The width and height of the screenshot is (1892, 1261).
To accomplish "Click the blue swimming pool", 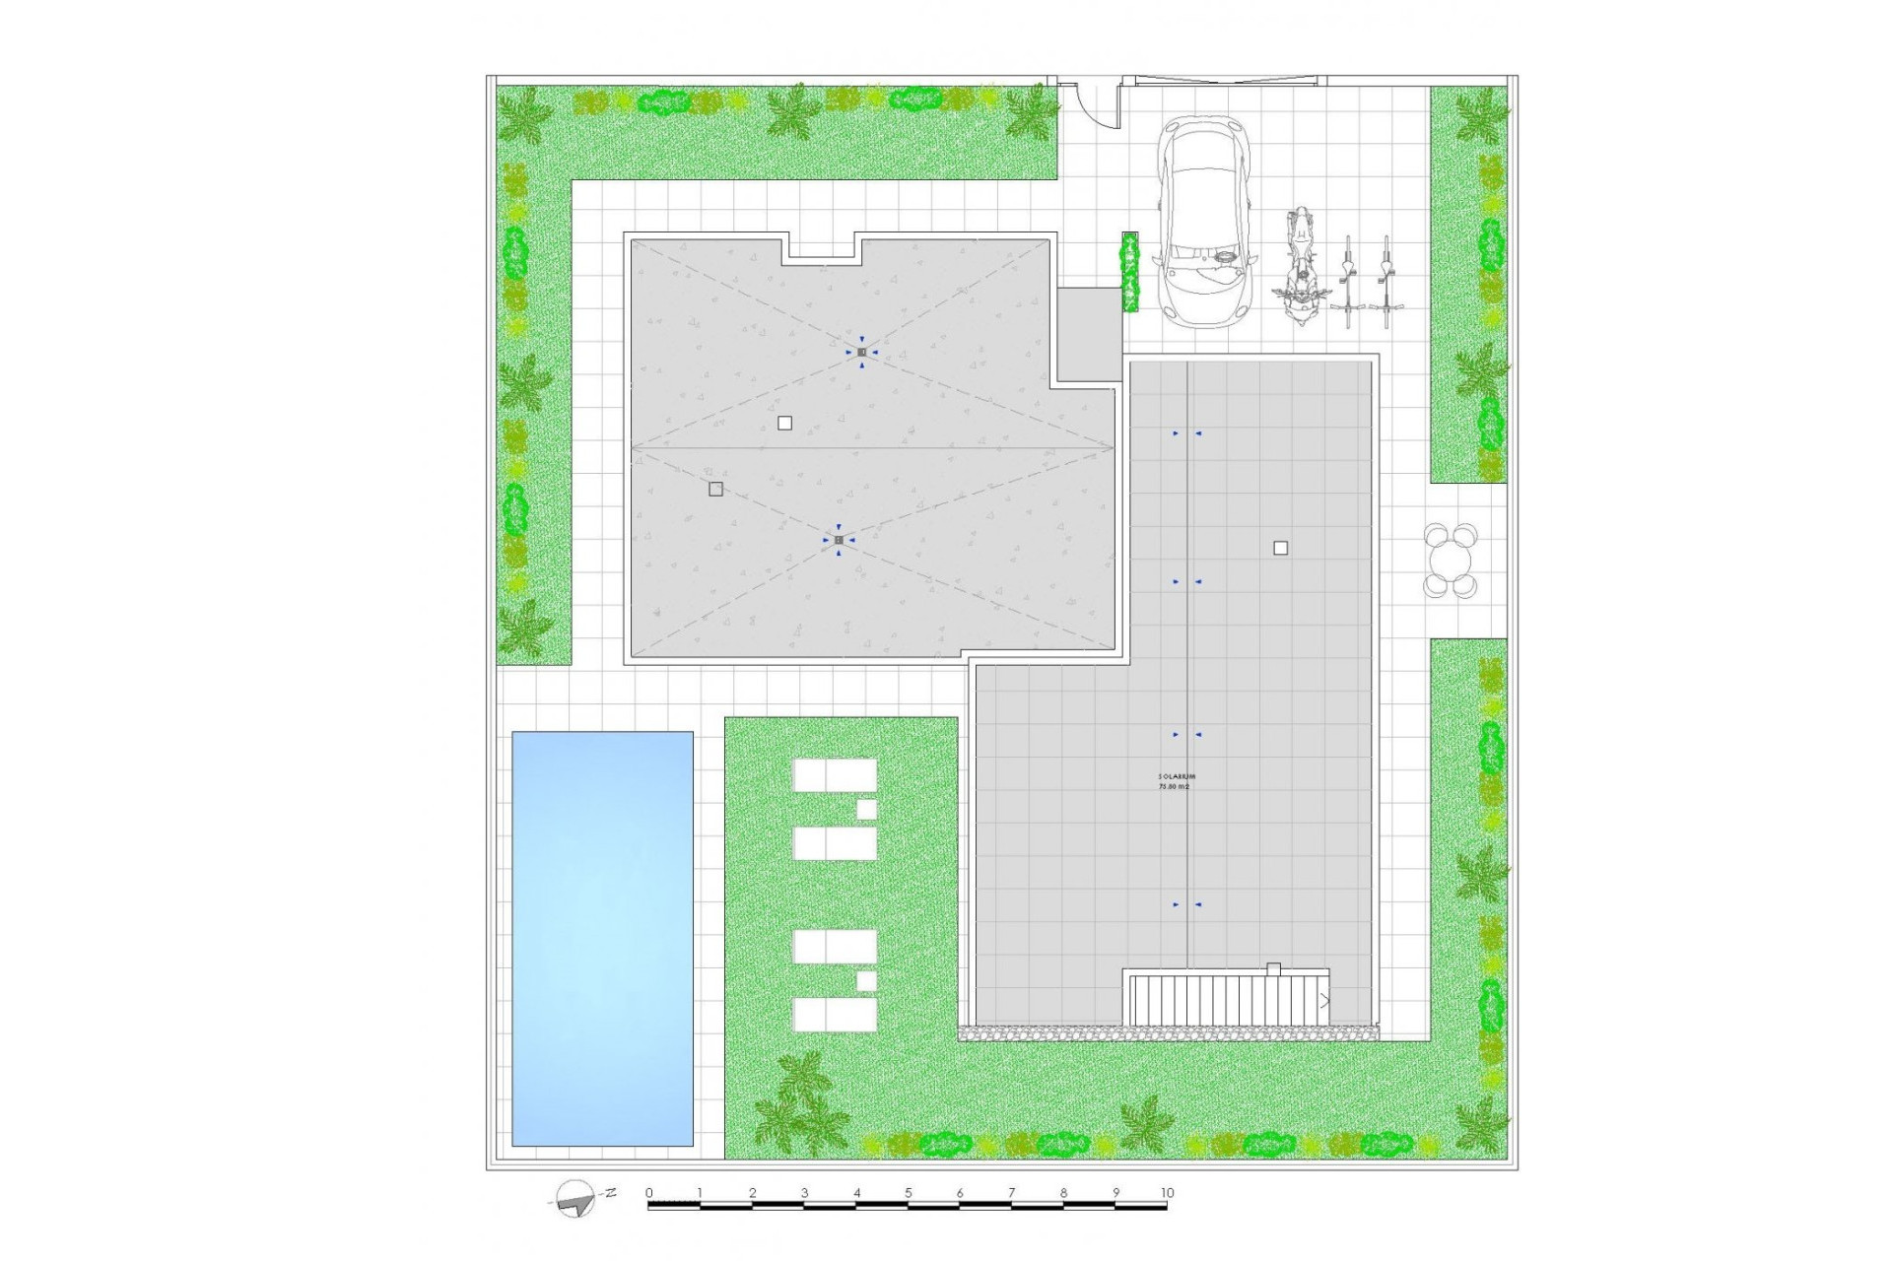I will (602, 938).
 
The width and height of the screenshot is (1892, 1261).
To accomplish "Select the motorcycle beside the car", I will (1301, 266).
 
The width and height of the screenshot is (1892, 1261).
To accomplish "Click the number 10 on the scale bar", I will (1167, 1193).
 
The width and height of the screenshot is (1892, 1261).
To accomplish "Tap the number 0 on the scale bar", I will (649, 1193).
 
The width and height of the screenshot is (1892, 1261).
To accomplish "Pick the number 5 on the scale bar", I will (909, 1193).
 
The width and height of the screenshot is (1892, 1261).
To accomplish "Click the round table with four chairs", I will (1451, 561).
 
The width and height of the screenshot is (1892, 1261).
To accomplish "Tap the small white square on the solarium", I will (1280, 548).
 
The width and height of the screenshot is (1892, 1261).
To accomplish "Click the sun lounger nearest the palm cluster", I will (835, 1014).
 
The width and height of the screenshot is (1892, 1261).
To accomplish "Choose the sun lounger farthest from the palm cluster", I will (835, 774).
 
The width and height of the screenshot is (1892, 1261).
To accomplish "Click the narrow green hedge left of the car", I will (1130, 273).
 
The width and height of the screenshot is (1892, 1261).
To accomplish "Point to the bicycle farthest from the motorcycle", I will (1386, 282).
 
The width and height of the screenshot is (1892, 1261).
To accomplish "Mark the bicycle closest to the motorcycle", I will (1348, 282).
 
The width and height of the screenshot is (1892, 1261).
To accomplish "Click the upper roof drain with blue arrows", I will (861, 352).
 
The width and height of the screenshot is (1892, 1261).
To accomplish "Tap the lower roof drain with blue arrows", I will (839, 540).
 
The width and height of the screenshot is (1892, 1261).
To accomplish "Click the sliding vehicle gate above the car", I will (1222, 81).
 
